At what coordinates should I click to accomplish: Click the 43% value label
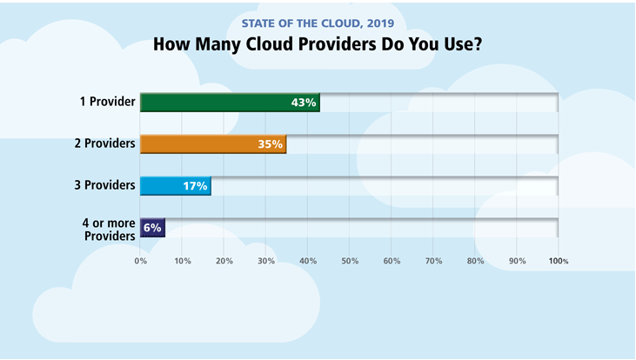303,103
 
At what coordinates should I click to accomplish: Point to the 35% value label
270,144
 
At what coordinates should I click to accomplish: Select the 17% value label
194,186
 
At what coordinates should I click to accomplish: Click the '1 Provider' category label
107,102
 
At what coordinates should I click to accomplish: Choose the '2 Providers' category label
104,143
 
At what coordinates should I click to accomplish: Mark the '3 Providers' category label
104,185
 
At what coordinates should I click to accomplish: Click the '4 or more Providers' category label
109,230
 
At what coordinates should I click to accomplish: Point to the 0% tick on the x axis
140,260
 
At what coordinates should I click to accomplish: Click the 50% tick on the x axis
350,260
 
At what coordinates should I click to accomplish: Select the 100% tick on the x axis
558,260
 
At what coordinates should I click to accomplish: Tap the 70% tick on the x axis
433,260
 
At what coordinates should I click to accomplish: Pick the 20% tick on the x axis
224,260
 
